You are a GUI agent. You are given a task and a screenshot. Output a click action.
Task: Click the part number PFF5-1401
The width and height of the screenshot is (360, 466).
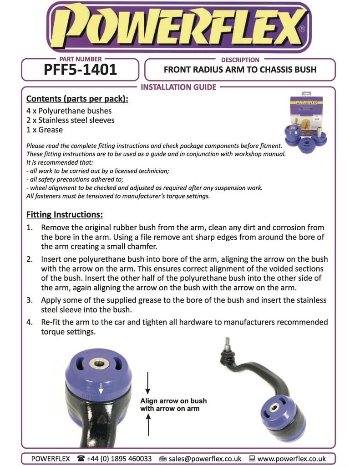click(x=80, y=70)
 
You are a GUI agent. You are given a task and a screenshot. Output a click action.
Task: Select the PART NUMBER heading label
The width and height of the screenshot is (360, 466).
click(x=81, y=59)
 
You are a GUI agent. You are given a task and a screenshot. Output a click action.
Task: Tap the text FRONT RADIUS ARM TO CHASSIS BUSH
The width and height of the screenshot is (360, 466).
click(x=239, y=70)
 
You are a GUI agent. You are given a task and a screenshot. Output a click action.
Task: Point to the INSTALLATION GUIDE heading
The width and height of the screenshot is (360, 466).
click(x=178, y=87)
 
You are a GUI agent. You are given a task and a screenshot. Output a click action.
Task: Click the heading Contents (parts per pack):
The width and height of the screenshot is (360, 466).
click(x=77, y=99)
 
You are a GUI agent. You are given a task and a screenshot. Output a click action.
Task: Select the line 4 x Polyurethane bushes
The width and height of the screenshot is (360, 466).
click(x=69, y=111)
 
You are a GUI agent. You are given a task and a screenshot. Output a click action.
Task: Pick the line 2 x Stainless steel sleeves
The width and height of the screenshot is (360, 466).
click(x=71, y=120)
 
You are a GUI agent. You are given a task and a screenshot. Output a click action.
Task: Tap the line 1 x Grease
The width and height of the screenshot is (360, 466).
click(x=45, y=130)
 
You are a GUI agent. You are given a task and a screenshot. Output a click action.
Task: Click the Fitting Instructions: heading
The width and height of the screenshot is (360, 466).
click(x=64, y=214)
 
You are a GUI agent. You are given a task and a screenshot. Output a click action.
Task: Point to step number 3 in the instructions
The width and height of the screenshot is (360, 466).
click(x=29, y=300)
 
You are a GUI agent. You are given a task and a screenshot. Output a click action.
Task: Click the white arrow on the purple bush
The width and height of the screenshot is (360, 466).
click(x=101, y=388)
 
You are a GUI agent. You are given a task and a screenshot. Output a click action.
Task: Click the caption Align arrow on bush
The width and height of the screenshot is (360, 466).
click(x=173, y=401)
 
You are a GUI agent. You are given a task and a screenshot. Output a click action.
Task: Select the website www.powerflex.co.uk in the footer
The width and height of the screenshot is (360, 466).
click(x=291, y=458)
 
